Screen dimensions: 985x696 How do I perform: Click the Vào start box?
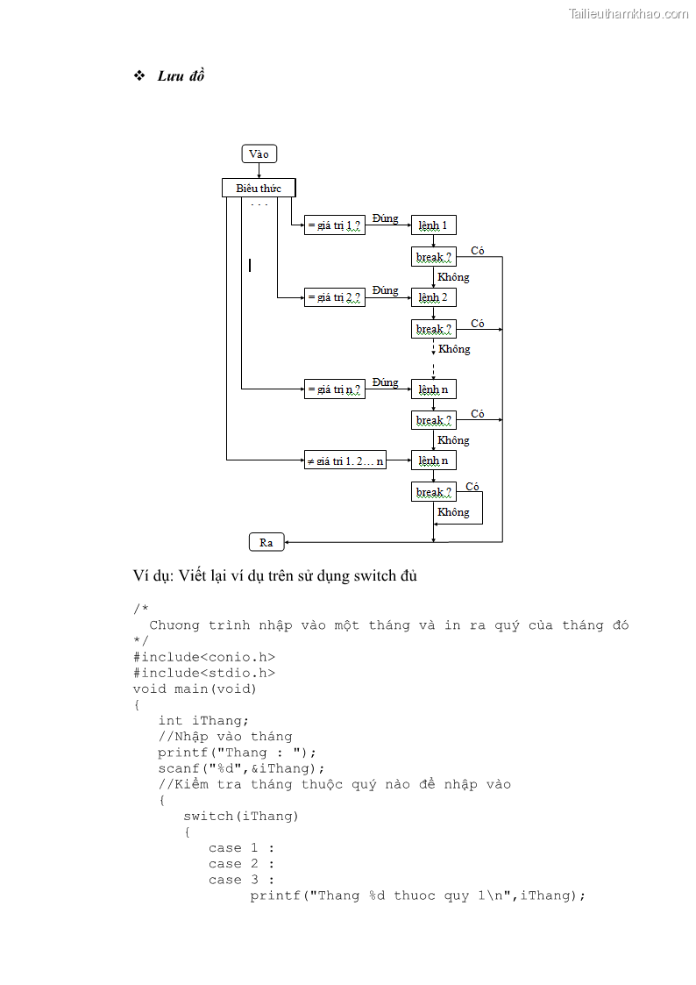tap(259, 154)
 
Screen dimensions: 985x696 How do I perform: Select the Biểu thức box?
tap(259, 189)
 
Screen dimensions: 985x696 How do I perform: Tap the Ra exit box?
tap(266, 542)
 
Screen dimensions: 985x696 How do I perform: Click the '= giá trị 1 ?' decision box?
tap(334, 225)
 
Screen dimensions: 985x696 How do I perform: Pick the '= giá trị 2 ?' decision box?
tap(334, 297)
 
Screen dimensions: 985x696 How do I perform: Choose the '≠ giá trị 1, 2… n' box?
tap(344, 460)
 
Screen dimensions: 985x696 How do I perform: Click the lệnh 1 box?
tap(433, 225)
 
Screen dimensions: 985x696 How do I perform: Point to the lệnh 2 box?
tap(433, 297)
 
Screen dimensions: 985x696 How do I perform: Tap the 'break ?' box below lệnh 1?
tap(434, 257)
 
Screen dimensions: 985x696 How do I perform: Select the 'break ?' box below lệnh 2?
tap(434, 329)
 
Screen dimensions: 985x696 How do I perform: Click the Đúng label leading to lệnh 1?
tap(385, 218)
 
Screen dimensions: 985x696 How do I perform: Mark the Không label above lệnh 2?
tap(453, 277)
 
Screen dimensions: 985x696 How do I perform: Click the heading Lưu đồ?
tap(181, 76)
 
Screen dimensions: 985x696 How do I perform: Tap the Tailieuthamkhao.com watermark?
tap(628, 13)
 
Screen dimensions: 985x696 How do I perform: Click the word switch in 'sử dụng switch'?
tap(375, 576)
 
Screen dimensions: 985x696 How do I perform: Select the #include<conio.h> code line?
tap(204, 657)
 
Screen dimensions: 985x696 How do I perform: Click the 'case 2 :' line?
tap(241, 864)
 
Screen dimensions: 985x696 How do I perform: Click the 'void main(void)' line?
tap(195, 689)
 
